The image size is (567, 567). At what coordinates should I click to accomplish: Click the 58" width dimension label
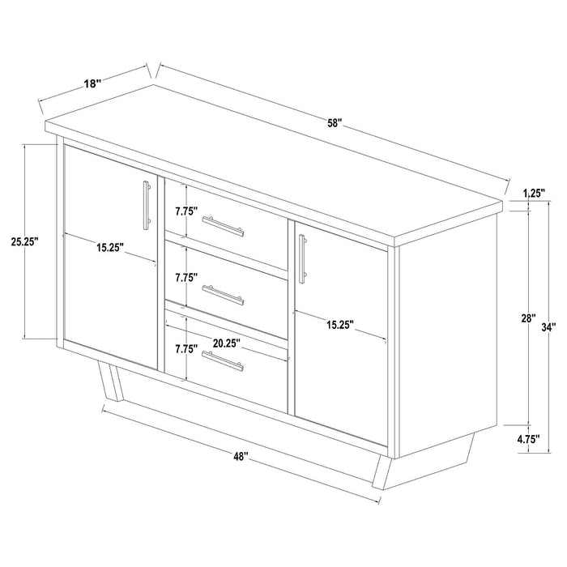pos(335,123)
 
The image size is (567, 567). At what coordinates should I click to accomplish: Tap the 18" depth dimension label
pos(91,83)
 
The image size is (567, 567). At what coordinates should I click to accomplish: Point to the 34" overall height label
pos(549,327)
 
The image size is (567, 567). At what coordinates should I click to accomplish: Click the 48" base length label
pos(239,457)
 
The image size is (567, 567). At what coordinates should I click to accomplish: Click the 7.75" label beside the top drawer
pos(186,211)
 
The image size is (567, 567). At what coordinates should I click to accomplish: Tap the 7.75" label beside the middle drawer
pos(186,277)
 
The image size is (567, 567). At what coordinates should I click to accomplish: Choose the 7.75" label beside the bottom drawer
pos(186,350)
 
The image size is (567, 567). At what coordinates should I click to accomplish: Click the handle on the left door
pos(145,207)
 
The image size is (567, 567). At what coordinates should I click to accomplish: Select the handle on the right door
pos(302,259)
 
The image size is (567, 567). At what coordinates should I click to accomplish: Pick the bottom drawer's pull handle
pos(223,362)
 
